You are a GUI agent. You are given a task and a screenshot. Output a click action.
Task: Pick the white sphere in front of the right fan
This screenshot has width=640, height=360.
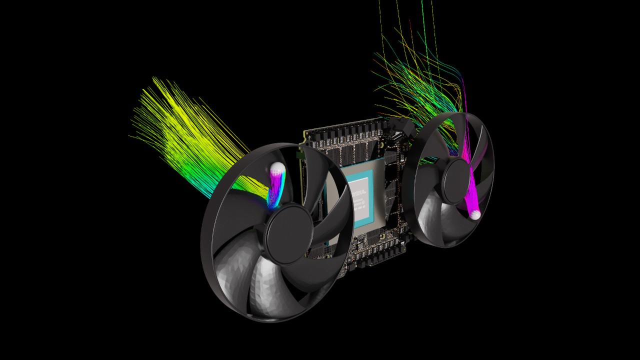click(x=475, y=214)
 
